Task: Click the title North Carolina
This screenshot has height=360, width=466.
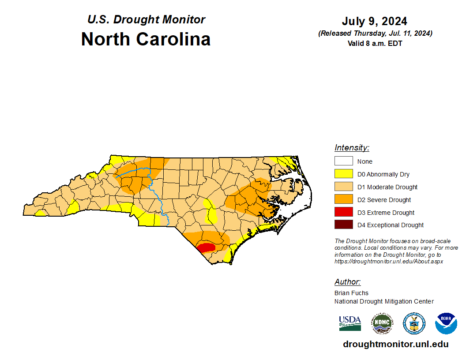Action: pos(146,39)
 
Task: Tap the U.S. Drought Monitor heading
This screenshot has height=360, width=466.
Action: pos(146,20)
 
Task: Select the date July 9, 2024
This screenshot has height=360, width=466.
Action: pos(374,22)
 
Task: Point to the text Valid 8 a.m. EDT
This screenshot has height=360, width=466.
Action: pos(374,43)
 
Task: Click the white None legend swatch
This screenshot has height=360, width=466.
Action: pos(343,161)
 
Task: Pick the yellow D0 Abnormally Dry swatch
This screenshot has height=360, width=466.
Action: pos(343,174)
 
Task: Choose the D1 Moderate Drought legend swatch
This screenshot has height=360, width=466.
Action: pos(343,187)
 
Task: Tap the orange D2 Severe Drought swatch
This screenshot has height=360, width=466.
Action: pos(343,200)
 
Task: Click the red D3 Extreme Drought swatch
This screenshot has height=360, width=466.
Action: pos(343,212)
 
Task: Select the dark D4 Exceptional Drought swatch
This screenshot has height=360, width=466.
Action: pos(343,225)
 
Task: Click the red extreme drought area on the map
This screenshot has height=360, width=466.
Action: pos(205,247)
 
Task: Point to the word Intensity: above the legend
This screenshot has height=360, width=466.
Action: pos(352,148)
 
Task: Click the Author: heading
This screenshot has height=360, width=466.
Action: pos(347,282)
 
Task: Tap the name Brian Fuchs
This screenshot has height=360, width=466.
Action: pos(351,293)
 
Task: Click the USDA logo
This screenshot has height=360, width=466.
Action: pos(350,323)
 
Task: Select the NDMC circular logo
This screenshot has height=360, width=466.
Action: pos(382,323)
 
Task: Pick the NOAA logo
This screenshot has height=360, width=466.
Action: pos(446,323)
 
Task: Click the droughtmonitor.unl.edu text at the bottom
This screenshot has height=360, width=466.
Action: pos(395,345)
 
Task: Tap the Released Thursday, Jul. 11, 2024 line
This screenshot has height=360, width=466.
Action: pos(375,34)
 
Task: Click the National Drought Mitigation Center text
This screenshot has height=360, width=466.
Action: pos(384,301)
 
